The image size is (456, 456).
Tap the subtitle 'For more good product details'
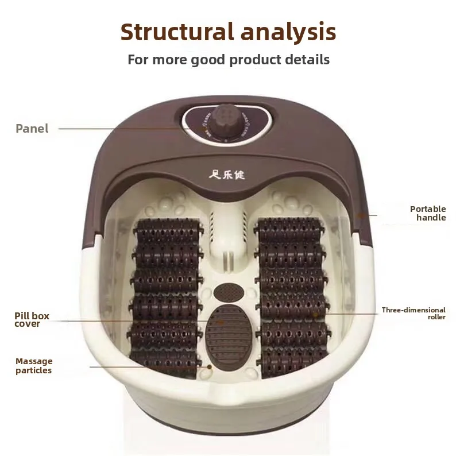[228, 59]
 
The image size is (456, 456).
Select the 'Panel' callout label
[32, 128]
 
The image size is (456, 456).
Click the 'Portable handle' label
[428, 213]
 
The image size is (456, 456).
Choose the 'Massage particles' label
[34, 365]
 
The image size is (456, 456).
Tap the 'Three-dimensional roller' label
[414, 313]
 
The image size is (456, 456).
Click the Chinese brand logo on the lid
[227, 174]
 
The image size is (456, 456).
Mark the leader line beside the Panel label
[115, 128]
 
